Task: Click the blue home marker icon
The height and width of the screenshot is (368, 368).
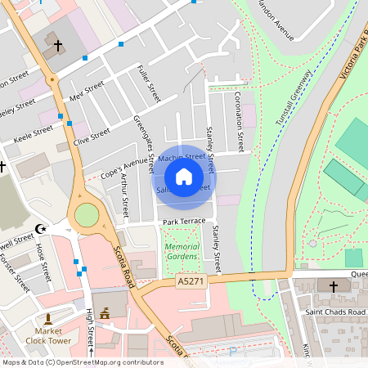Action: (x=184, y=176)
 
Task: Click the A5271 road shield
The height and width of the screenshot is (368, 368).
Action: (x=191, y=280)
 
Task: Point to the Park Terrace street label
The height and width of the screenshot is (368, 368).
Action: (x=184, y=222)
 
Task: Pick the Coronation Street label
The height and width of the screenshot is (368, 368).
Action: (x=239, y=122)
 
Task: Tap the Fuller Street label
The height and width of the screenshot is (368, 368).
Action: (x=149, y=83)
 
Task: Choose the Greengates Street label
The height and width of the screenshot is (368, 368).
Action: (x=144, y=143)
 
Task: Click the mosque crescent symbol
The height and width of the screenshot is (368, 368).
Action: (x=43, y=229)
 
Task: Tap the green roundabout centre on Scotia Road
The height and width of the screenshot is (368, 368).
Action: (x=87, y=216)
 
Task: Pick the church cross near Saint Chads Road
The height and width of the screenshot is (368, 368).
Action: (x=333, y=287)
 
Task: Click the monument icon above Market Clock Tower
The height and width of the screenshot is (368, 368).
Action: (x=49, y=317)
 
